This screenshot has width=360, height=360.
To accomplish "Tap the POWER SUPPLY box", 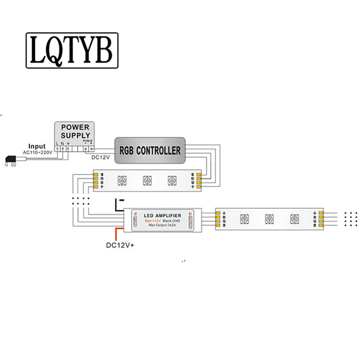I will [x=75, y=131].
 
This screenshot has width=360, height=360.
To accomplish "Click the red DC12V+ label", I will [x=121, y=245].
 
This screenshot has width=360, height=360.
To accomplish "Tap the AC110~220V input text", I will [x=38, y=152].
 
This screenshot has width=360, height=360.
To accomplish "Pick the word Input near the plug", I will [x=37, y=146].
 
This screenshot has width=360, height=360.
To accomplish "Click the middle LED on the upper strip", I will [x=146, y=180].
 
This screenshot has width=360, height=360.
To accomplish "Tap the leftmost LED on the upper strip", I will [x=121, y=180].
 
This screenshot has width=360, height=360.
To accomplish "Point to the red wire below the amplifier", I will [x=118, y=233].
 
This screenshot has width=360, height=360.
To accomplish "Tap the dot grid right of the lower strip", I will [x=350, y=218].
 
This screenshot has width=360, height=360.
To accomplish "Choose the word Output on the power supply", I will [x=87, y=140].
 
